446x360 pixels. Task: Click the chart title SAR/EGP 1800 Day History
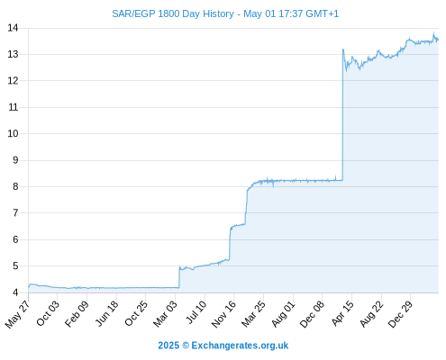pyautogui.click(x=173, y=13)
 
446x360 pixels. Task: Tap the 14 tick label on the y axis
pyautogui.click(x=13, y=28)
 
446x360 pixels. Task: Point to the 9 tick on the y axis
pyautogui.click(x=15, y=160)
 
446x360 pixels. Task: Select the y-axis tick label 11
pyautogui.click(x=14, y=107)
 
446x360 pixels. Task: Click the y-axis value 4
pyautogui.click(x=15, y=292)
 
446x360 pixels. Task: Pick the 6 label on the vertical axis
pyautogui.click(x=15, y=239)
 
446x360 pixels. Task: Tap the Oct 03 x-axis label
pyautogui.click(x=48, y=313)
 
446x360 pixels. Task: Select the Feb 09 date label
pyautogui.click(x=77, y=313)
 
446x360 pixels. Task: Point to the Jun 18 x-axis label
pyautogui.click(x=107, y=313)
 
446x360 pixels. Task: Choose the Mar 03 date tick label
pyautogui.click(x=166, y=314)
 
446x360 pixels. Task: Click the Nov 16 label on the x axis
pyautogui.click(x=223, y=314)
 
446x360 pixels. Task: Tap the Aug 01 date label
pyautogui.click(x=283, y=314)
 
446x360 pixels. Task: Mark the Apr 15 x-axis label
pyautogui.click(x=342, y=313)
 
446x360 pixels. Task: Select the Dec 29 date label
pyautogui.click(x=400, y=314)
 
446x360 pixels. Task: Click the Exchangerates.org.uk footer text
pyautogui.click(x=240, y=346)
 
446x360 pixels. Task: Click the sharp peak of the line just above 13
pyautogui.click(x=343, y=49)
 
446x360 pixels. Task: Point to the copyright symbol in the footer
pyautogui.click(x=186, y=346)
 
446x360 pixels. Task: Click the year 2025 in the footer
pyautogui.click(x=168, y=346)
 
